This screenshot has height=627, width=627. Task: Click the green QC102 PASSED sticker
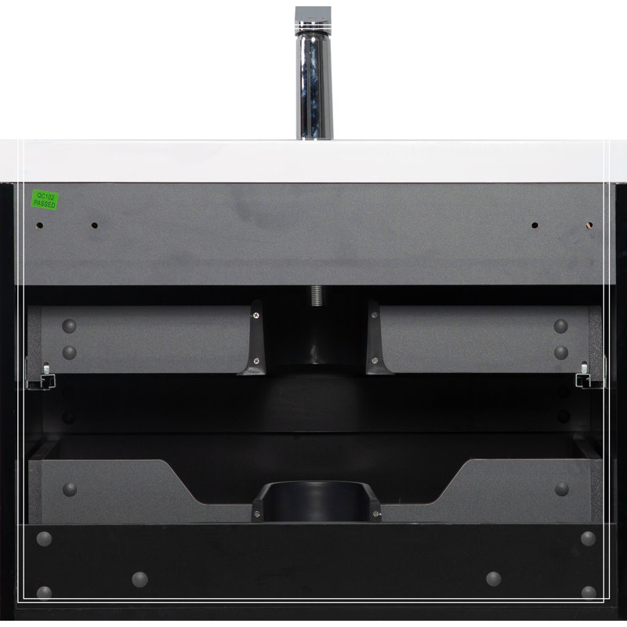click(x=45, y=200)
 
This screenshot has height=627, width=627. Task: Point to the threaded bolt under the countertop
click(x=317, y=295)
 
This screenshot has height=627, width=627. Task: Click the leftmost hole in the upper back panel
click(x=40, y=226)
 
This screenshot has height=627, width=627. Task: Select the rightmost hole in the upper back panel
click(x=589, y=225)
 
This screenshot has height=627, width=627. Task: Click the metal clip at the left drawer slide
click(x=45, y=377)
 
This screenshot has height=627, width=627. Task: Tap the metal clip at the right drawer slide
click(x=583, y=376)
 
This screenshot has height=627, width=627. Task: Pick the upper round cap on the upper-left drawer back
click(x=69, y=326)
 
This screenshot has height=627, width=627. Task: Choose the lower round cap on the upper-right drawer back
click(x=560, y=352)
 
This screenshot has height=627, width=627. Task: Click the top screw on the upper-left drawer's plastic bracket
click(x=256, y=316)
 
